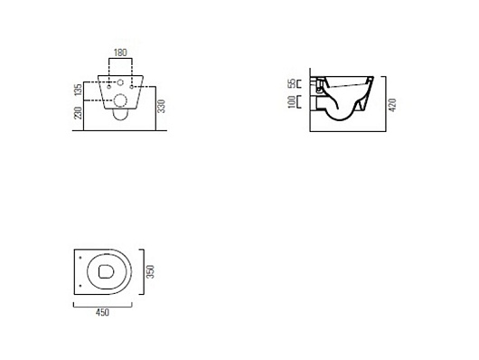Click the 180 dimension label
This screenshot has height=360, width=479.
(x=120, y=52)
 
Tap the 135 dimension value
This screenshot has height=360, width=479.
(x=79, y=90)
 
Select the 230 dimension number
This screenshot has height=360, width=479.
(x=79, y=113)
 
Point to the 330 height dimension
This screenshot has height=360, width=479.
(x=161, y=106)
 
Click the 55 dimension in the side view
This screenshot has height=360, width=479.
(x=293, y=83)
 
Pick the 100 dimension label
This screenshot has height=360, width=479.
(x=292, y=102)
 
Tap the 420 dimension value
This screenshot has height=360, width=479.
(x=393, y=105)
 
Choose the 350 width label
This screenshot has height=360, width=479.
(x=150, y=271)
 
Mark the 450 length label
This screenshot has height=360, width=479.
(x=102, y=313)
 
